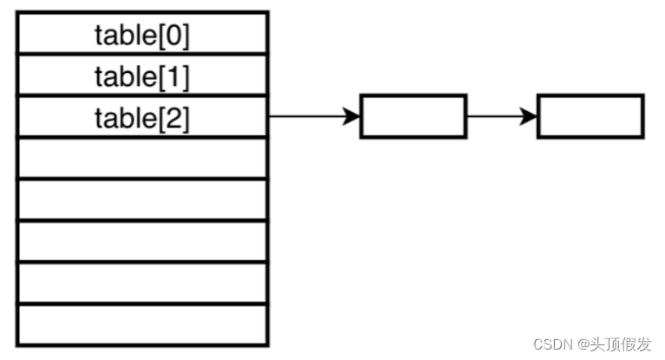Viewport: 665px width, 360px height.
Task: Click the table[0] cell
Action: pos(141,35)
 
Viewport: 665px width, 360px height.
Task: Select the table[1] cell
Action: pos(141,76)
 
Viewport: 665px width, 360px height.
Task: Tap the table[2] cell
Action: pos(141,117)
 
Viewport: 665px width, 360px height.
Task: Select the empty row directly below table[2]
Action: pos(141,158)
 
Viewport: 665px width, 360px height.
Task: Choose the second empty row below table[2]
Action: pos(141,200)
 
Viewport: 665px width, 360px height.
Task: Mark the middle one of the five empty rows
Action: pos(141,241)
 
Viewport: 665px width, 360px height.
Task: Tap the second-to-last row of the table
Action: pos(141,283)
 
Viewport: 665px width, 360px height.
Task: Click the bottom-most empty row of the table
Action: pos(141,324)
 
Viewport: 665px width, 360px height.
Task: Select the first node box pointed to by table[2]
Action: pos(413,116)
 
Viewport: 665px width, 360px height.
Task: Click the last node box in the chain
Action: pos(590,116)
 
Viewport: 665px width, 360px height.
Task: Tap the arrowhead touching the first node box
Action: pos(351,116)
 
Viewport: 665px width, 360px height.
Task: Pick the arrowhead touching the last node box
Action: pos(528,116)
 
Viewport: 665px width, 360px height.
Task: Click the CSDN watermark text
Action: pos(549,344)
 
